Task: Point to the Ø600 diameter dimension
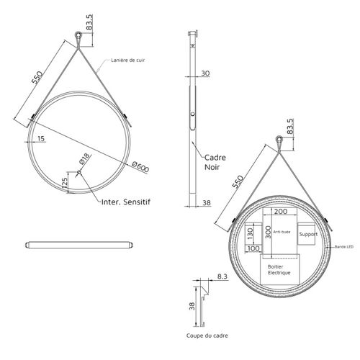pyautogui.click(x=141, y=167)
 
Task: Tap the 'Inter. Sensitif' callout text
pyautogui.click(x=126, y=202)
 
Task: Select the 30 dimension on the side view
pyautogui.click(x=206, y=73)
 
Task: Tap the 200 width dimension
pyautogui.click(x=281, y=212)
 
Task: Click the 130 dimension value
pyautogui.click(x=250, y=234)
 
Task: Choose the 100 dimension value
pyautogui.click(x=253, y=248)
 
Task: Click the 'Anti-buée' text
pyautogui.click(x=282, y=232)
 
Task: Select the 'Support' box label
pyautogui.click(x=308, y=235)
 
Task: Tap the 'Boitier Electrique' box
pyautogui.click(x=279, y=271)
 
